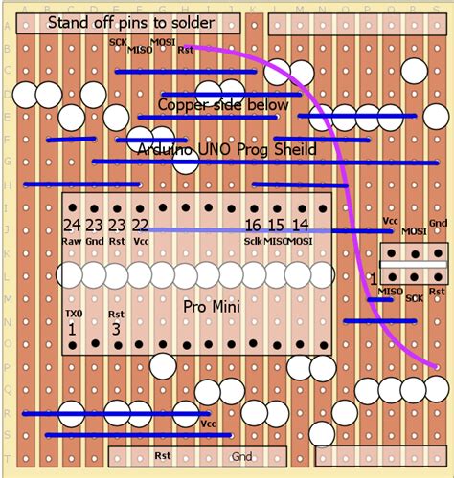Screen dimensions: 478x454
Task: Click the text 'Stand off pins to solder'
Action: (130, 22)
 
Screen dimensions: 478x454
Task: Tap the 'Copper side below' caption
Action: (223, 104)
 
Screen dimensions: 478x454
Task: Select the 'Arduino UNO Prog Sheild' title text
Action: (227, 150)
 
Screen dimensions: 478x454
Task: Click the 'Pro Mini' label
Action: (210, 307)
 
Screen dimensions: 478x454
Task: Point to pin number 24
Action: (71, 225)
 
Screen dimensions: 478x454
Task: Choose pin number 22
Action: (141, 225)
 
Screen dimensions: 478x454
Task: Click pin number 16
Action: (253, 225)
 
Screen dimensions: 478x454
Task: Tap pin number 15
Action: (276, 225)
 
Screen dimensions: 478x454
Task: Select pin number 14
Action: (300, 225)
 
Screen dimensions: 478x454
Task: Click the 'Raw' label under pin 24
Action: (71, 242)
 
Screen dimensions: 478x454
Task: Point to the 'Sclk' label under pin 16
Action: (253, 242)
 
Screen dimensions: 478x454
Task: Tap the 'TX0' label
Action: (73, 314)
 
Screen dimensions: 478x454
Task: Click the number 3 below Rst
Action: (117, 329)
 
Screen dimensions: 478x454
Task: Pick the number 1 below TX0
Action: (72, 329)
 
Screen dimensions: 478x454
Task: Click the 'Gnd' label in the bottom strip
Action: (242, 457)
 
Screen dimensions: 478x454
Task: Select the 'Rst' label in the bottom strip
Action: (163, 457)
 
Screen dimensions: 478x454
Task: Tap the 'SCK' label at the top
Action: (118, 42)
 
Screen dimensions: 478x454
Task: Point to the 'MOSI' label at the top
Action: (163, 42)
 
